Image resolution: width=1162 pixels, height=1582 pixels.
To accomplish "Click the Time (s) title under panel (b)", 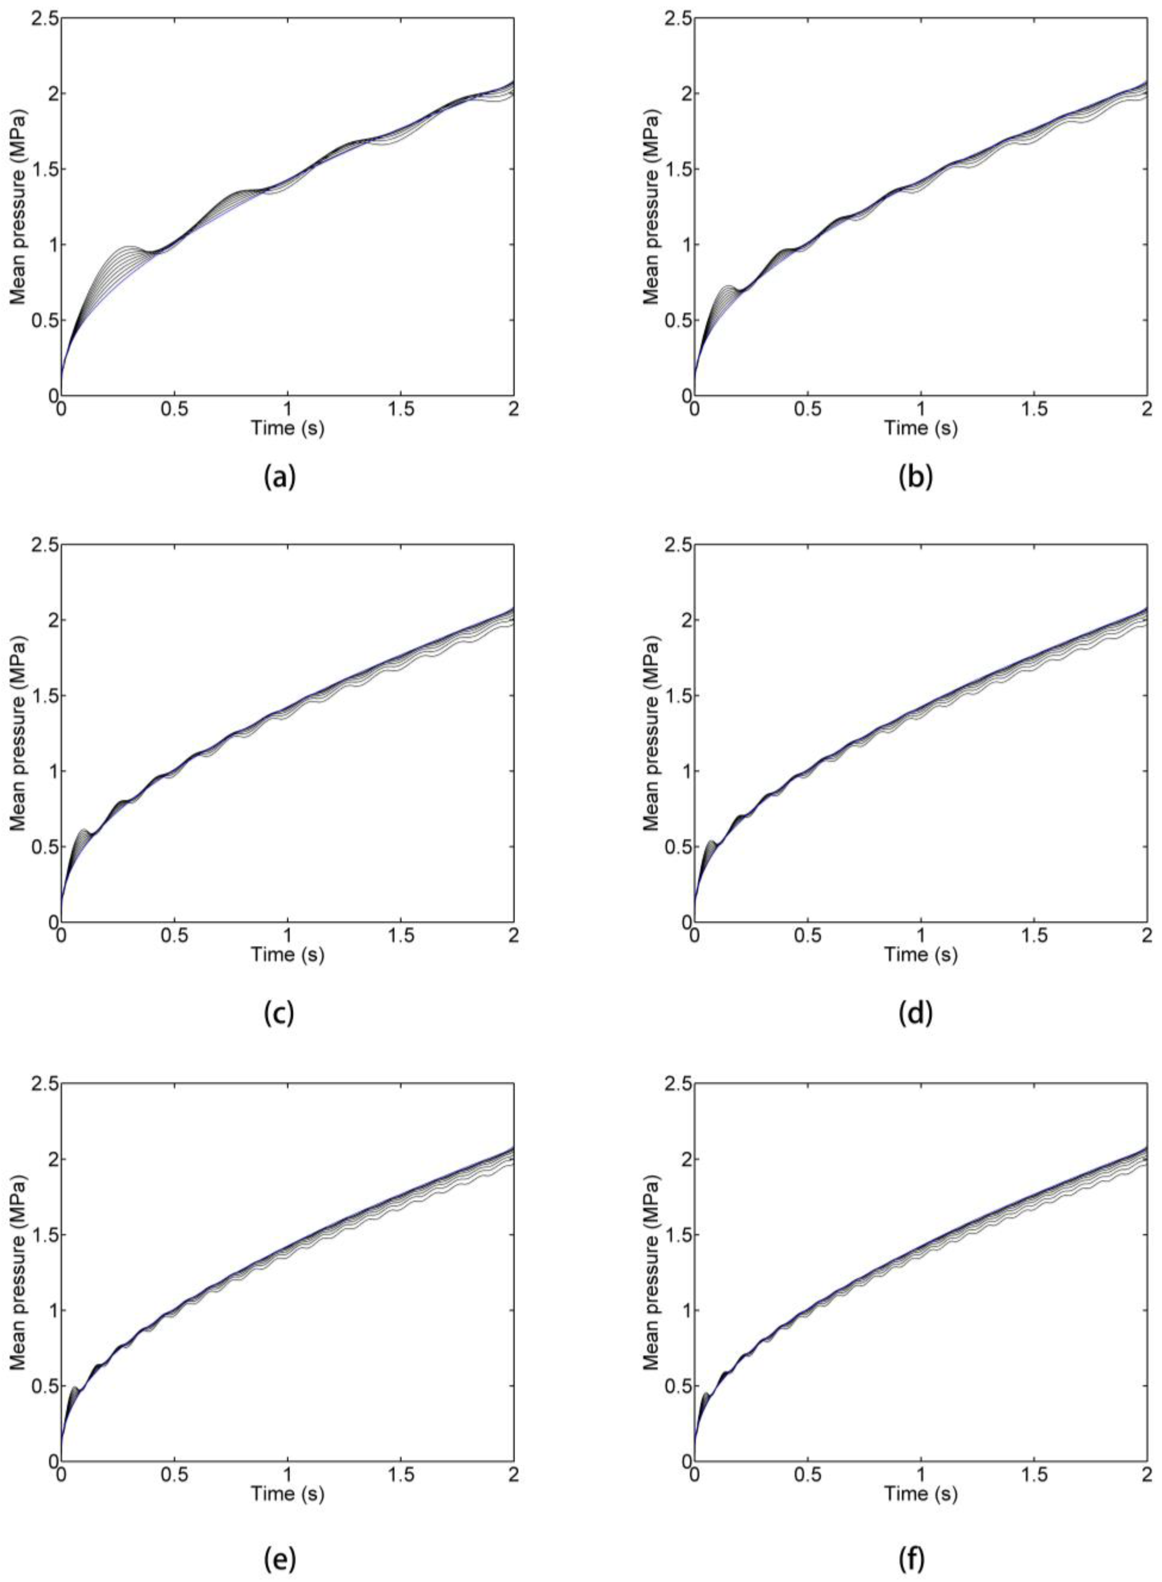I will [921, 428].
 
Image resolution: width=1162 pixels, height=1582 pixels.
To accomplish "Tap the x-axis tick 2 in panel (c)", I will [513, 935].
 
